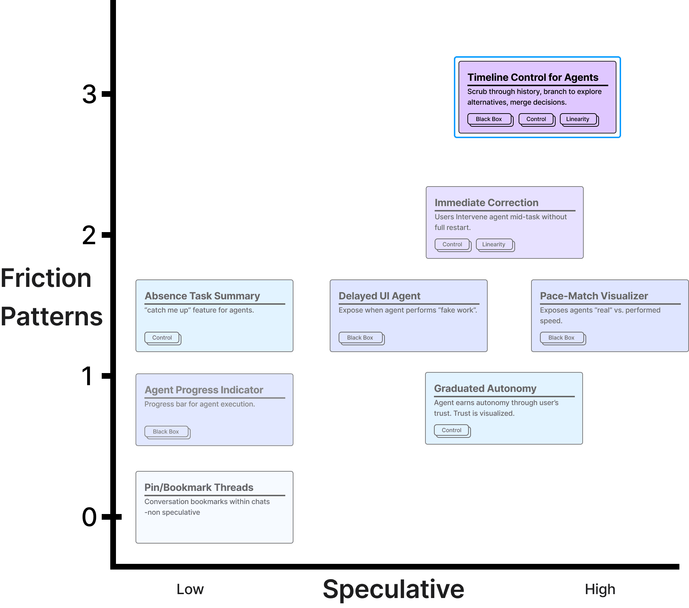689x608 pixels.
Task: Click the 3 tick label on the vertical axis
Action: [89, 95]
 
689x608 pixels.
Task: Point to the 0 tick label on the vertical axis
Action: [89, 517]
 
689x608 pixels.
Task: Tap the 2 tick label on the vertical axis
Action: [89, 235]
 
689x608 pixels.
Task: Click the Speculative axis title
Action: [393, 589]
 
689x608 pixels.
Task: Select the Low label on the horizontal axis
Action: [190, 589]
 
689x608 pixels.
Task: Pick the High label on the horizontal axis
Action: [600, 589]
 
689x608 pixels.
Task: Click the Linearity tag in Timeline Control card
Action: [578, 119]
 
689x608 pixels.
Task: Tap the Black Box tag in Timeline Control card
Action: [489, 119]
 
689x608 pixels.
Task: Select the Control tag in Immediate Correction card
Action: [452, 245]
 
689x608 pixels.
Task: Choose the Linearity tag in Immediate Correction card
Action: [494, 245]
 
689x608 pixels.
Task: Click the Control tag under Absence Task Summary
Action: [162, 338]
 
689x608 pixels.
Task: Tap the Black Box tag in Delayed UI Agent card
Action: [360, 338]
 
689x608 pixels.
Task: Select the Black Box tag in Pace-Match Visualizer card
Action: [561, 338]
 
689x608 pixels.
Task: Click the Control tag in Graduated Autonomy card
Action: [451, 430]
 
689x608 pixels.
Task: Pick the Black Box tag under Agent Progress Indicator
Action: [166, 432]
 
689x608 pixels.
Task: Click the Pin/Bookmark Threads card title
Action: [199, 487]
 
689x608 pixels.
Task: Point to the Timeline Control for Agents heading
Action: [533, 77]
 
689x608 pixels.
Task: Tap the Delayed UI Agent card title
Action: [380, 296]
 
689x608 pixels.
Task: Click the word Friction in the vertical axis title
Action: [46, 278]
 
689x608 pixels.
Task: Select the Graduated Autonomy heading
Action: [485, 388]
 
